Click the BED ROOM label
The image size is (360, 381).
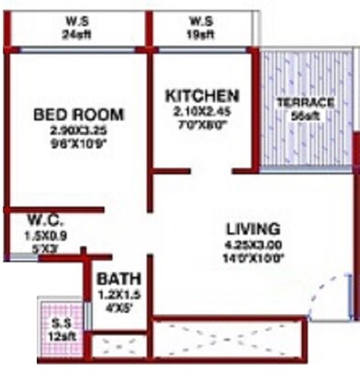tap(78, 115)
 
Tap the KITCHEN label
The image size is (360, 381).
tap(202, 95)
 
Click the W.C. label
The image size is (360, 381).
tap(44, 220)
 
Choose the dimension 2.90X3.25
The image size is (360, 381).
tap(78, 130)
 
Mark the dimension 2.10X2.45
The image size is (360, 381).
tap(202, 111)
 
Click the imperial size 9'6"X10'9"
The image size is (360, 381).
tap(78, 143)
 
